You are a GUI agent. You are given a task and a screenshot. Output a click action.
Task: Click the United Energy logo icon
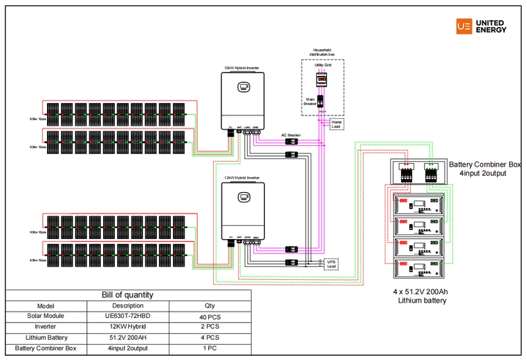(464, 26)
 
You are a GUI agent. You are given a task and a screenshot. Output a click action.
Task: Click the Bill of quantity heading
(128, 295)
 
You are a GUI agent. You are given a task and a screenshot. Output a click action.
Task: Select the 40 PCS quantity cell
(209, 316)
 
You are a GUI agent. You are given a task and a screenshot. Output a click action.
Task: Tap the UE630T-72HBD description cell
(128, 316)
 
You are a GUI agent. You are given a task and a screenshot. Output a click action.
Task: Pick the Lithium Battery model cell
(46, 337)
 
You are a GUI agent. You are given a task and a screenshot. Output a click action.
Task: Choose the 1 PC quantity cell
(209, 348)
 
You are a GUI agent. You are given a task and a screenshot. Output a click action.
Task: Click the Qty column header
(209, 305)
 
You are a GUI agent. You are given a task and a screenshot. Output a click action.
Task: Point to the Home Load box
(337, 124)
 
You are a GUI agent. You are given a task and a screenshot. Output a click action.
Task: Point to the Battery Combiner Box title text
(485, 164)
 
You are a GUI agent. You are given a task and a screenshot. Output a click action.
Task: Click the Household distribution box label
(322, 53)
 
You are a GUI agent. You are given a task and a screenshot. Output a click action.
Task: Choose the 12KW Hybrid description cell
(128, 326)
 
